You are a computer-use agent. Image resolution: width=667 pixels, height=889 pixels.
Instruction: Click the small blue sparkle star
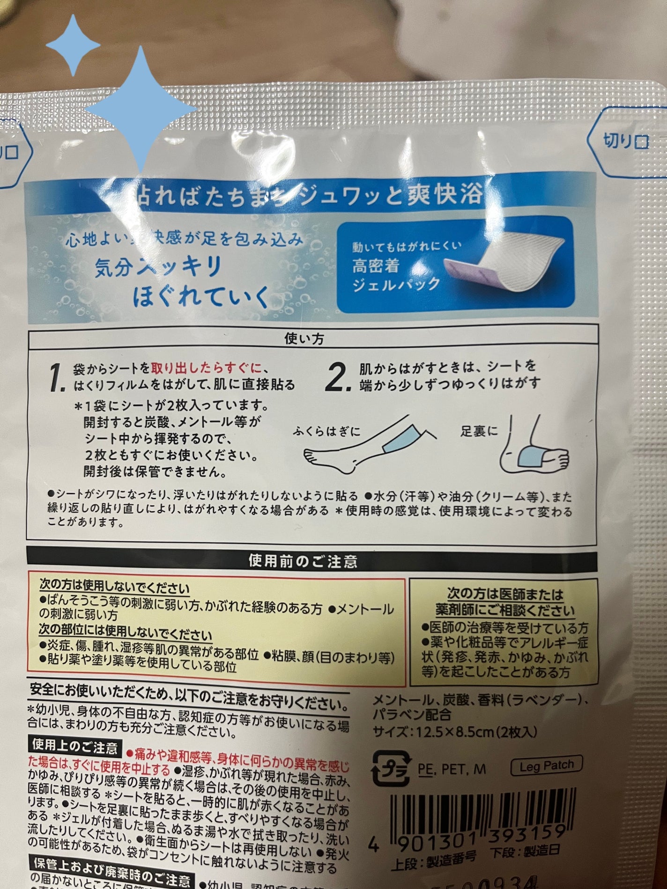point(74,45)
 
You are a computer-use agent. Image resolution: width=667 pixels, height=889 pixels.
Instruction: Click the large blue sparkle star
point(141,108)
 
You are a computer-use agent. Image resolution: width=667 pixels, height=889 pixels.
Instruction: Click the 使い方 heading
point(304,339)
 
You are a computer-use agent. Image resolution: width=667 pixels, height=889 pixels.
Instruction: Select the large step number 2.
point(338,378)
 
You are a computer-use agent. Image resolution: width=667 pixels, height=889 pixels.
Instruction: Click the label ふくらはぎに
point(327,431)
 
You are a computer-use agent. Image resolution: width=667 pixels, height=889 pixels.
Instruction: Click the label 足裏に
point(479,431)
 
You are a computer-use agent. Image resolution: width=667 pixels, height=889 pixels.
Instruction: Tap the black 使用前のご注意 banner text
point(304,561)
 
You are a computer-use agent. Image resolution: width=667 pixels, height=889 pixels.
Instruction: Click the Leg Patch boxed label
point(546,765)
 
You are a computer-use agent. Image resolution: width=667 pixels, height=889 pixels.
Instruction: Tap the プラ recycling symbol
point(391,768)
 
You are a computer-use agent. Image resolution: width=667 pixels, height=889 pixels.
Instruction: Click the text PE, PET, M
point(452,769)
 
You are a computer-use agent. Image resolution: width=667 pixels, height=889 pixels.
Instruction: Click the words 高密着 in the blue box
point(376,266)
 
